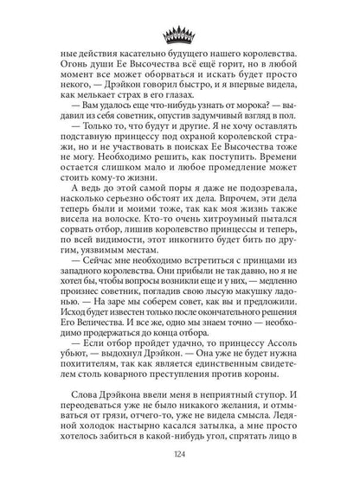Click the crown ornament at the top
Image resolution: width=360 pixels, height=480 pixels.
point(180,37)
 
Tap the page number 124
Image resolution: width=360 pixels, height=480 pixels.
point(180,457)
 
